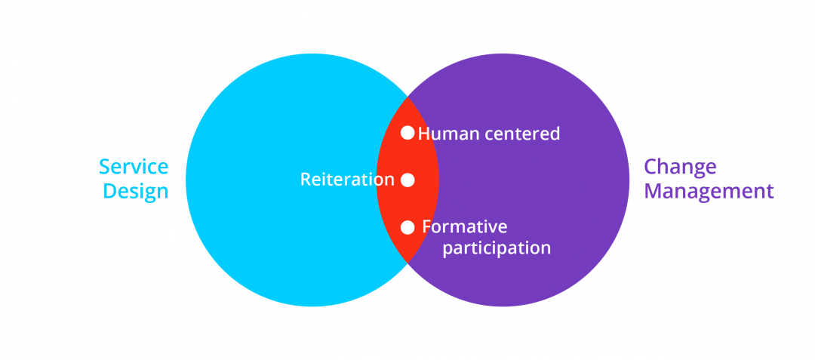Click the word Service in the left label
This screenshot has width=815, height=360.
tap(134, 167)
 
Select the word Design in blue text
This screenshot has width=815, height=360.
tap(135, 192)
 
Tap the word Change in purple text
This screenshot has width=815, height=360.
tap(680, 167)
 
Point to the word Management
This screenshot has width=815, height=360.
tap(709, 192)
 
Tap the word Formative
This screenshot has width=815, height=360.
tap(465, 226)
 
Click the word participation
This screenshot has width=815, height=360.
tap(496, 248)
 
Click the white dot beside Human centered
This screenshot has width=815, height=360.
tap(407, 133)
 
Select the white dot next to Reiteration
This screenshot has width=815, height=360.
tap(407, 180)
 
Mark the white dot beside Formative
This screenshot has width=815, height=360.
tap(407, 227)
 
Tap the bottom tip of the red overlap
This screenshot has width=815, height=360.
tap(407, 260)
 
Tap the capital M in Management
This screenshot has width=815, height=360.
tap(654, 192)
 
